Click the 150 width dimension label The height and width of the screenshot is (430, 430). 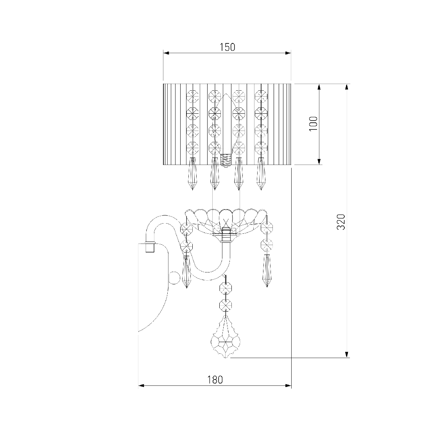point(228,47)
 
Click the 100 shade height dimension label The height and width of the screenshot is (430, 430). point(314,124)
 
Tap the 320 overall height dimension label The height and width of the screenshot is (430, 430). point(341,222)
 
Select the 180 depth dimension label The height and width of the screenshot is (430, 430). point(215,380)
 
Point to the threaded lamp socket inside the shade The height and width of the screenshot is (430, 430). point(226,161)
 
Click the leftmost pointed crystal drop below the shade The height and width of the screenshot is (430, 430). point(192,174)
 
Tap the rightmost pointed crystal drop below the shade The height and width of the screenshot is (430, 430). point(261,174)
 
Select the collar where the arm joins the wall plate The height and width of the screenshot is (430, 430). point(149,247)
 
